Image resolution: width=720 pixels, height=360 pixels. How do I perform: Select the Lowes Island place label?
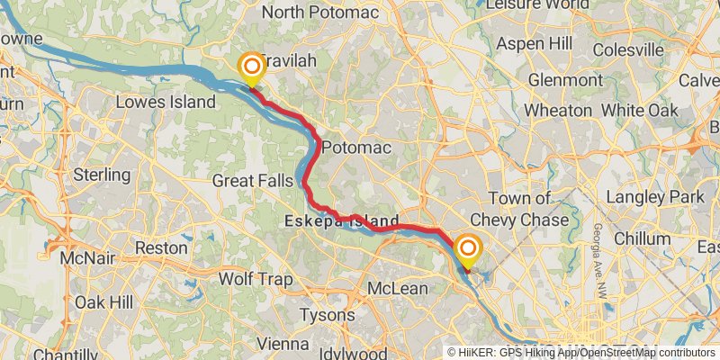[166, 102]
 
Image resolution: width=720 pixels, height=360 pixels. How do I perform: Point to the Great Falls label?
[252, 181]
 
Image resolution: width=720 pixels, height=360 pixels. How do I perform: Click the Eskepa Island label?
[341, 220]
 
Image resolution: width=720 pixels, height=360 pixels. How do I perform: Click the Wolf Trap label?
[256, 280]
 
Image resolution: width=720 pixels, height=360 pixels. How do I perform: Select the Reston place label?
[160, 247]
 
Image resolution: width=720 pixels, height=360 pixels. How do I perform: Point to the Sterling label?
[102, 174]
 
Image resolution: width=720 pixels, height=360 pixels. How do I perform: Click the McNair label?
[86, 258]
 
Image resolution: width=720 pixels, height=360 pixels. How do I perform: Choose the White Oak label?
[639, 109]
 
